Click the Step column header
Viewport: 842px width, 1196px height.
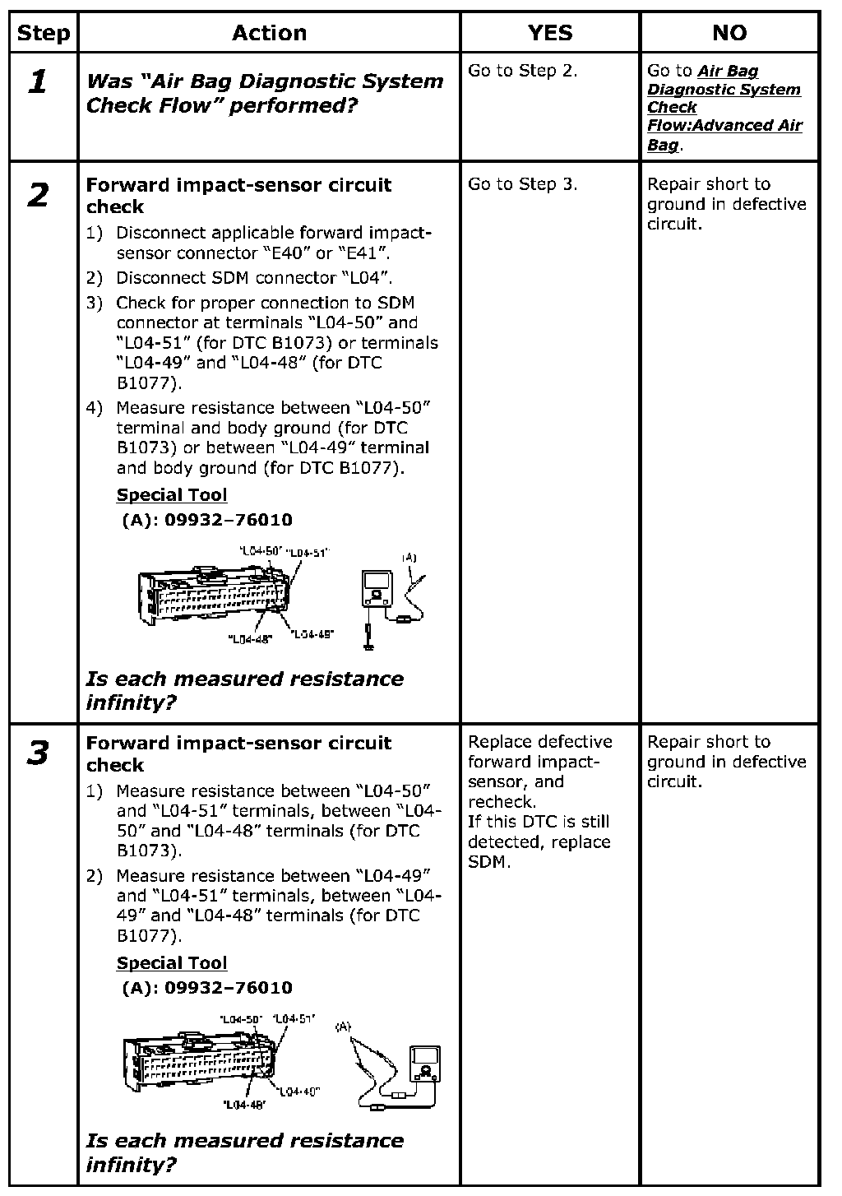click(x=43, y=33)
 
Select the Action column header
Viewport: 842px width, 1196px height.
click(x=269, y=33)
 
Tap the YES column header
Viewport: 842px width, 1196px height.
click(x=549, y=33)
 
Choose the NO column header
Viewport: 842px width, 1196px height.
click(x=729, y=33)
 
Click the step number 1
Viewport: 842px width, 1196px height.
click(x=38, y=81)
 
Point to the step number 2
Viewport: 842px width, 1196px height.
click(x=38, y=196)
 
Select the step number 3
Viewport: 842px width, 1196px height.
click(x=38, y=753)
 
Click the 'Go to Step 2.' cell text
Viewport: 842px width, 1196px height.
click(x=523, y=71)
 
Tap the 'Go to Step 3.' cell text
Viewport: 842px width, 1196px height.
click(x=523, y=184)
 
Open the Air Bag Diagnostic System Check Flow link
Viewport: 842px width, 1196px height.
click(x=724, y=108)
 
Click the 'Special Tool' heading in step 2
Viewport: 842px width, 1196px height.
click(x=172, y=495)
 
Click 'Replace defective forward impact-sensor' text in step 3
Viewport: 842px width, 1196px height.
click(x=540, y=762)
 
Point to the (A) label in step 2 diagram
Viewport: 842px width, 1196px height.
click(x=409, y=559)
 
